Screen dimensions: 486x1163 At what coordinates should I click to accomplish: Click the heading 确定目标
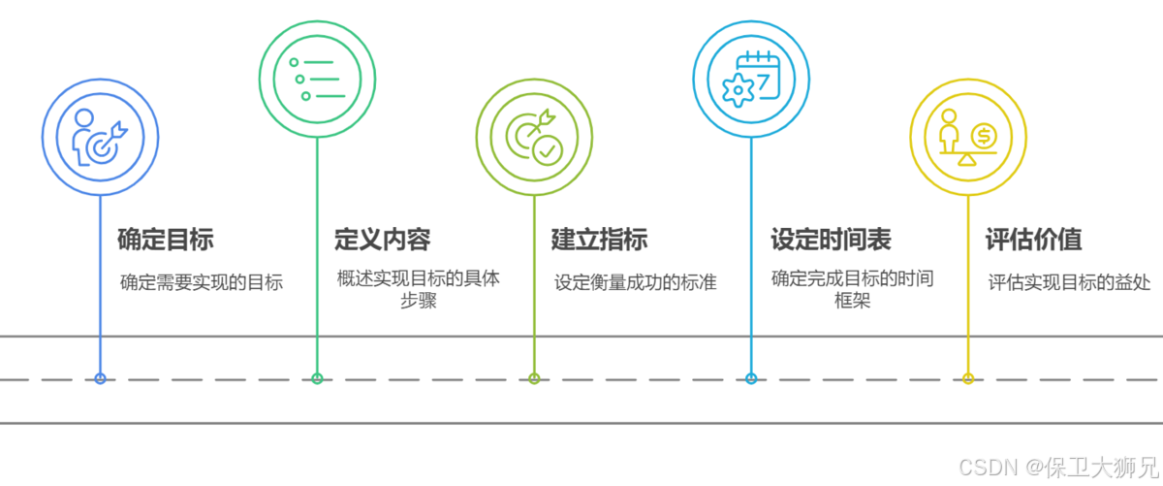[x=165, y=240]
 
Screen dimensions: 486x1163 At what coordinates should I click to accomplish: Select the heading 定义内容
[x=382, y=240]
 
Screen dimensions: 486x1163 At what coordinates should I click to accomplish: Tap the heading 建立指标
[x=599, y=240]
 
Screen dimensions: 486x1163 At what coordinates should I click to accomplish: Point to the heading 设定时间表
[x=831, y=240]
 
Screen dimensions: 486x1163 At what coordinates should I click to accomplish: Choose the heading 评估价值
[x=1033, y=240]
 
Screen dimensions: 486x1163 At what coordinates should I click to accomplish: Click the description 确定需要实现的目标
[x=202, y=283]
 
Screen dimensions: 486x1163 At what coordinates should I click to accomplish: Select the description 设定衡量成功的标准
[x=636, y=283]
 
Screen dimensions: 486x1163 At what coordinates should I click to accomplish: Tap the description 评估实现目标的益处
[x=1070, y=283]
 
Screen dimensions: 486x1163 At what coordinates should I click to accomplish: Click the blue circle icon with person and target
[x=100, y=137]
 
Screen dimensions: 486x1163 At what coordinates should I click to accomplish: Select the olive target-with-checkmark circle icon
[x=534, y=137]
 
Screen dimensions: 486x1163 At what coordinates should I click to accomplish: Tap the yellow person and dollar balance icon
[x=968, y=137]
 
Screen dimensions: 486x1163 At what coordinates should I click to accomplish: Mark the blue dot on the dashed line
[x=100, y=379]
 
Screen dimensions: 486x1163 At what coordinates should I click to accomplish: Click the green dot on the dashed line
[x=317, y=379]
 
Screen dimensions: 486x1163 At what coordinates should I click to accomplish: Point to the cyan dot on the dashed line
[x=751, y=379]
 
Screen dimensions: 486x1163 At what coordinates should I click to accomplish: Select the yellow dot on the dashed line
[x=968, y=379]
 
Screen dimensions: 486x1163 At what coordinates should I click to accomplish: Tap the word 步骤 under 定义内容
[x=419, y=302]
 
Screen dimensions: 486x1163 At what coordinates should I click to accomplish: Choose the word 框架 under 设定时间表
[x=853, y=302]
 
